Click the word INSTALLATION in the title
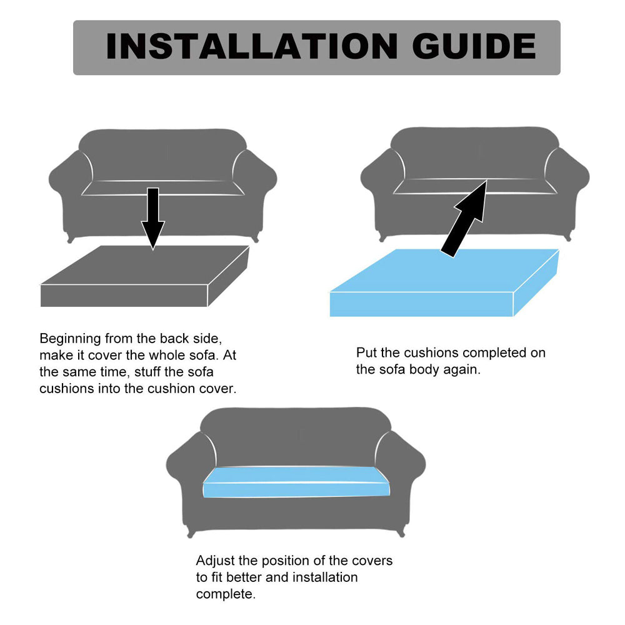252,47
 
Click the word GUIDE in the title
474,47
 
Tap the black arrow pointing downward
152,218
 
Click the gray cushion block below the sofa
144,276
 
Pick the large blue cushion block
444,282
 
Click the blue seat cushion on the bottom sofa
296,482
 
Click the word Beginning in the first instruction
70,339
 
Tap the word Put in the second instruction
366,352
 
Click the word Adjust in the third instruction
215,561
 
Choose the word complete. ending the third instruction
226,595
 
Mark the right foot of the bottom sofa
401,532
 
